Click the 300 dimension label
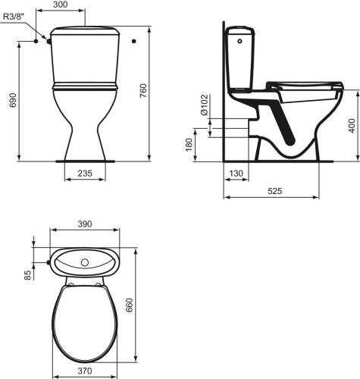(61, 5)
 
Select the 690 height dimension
(13, 100)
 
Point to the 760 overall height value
(142, 91)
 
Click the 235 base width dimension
(85, 173)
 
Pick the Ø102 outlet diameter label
(205, 105)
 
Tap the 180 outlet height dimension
(189, 145)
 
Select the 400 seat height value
(352, 126)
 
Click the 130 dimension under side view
(236, 174)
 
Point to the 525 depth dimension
(274, 191)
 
